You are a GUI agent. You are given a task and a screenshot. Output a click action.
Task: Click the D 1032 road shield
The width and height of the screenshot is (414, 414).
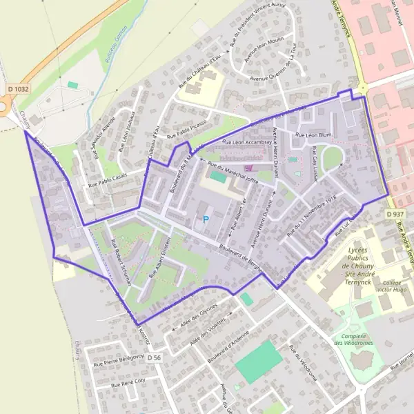pyautogui.click(x=18, y=89)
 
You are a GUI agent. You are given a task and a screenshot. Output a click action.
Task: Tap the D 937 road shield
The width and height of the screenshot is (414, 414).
pyautogui.click(x=395, y=215)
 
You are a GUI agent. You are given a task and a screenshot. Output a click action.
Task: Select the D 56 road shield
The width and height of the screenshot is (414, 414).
pyautogui.click(x=154, y=357)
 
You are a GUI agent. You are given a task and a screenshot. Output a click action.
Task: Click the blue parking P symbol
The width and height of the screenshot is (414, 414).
pyautogui.click(x=205, y=219)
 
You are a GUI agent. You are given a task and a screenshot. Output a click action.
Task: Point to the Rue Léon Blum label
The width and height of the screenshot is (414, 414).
pyautogui.click(x=314, y=135)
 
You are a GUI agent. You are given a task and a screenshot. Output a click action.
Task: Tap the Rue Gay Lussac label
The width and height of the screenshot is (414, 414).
pyautogui.click(x=315, y=163)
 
